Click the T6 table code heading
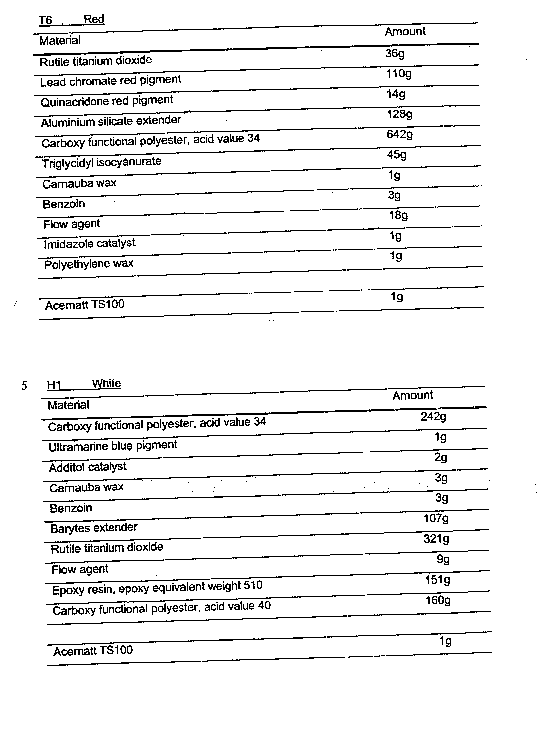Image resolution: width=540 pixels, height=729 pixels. (x=45, y=20)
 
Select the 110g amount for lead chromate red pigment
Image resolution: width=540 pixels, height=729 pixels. (x=399, y=74)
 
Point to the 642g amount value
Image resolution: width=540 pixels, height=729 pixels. (x=399, y=134)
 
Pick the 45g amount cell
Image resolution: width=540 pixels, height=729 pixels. (x=397, y=155)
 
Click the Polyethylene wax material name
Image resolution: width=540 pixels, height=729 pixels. (x=89, y=264)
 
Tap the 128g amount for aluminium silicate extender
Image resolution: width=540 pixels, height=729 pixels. (x=399, y=114)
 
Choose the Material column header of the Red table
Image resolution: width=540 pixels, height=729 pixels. (x=60, y=40)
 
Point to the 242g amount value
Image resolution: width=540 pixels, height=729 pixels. (x=433, y=417)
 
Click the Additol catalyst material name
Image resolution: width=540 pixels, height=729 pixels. (x=88, y=467)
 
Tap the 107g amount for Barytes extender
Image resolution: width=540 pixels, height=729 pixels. (x=436, y=518)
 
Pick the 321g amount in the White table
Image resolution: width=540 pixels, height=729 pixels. (x=436, y=539)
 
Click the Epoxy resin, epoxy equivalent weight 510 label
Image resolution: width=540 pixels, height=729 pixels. (x=157, y=587)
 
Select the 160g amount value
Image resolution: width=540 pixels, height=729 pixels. (x=438, y=600)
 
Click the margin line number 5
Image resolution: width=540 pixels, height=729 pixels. (x=24, y=386)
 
